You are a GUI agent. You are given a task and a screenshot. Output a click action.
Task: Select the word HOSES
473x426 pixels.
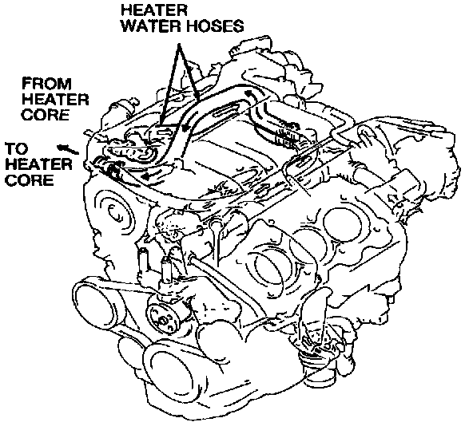[215, 26]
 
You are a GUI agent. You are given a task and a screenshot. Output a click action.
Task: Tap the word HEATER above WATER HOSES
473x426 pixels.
[154, 10]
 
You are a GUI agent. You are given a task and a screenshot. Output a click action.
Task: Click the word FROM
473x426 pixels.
[47, 84]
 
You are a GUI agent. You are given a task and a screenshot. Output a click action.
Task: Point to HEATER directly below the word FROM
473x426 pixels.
[55, 100]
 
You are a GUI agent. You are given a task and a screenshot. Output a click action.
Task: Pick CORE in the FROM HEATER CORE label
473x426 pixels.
[46, 115]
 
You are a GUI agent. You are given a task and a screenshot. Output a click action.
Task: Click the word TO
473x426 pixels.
[17, 148]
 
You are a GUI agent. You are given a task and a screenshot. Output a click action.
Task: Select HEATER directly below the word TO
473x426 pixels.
[38, 164]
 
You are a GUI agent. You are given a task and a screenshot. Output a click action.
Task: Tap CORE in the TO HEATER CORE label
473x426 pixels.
[30, 180]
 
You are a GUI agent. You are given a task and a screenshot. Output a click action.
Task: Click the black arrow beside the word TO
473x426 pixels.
[68, 149]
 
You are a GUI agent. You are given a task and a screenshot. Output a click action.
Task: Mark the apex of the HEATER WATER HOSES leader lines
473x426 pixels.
[179, 45]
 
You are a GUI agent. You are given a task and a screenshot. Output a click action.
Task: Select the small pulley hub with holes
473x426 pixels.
[162, 319]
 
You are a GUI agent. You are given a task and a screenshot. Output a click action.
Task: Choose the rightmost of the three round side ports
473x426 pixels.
[342, 222]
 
